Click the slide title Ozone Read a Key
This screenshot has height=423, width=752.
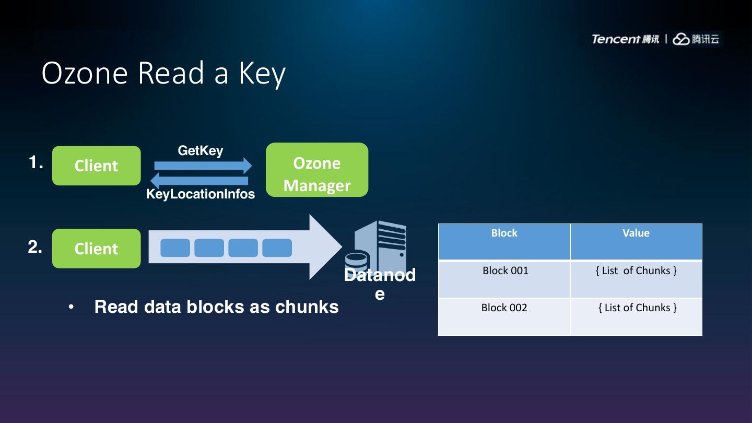[x=163, y=73]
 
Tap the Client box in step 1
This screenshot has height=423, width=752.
[x=97, y=166]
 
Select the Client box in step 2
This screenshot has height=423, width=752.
[x=97, y=249]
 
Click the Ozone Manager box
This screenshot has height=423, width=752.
[x=317, y=170]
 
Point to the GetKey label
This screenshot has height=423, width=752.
[x=201, y=151]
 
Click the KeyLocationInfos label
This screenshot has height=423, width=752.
[x=201, y=194]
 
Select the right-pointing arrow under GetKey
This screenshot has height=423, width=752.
[x=203, y=166]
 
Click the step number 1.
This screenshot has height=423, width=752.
[x=36, y=163]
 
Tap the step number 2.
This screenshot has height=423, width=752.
[x=35, y=246]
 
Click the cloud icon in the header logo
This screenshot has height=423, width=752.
[x=681, y=39]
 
